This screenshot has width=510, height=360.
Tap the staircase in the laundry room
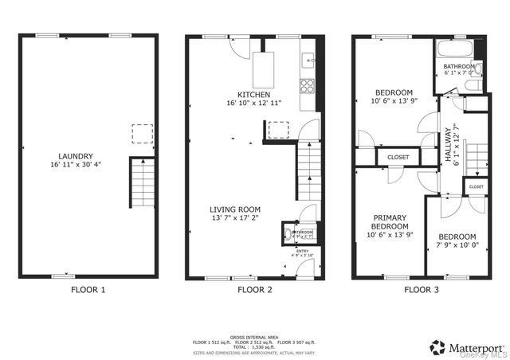pyautogui.click(x=142, y=183)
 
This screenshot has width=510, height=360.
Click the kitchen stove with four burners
pyautogui.click(x=307, y=84)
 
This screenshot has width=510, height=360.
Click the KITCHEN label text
pyautogui.click(x=242, y=94)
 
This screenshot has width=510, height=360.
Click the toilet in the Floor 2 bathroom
pyautogui.click(x=286, y=234)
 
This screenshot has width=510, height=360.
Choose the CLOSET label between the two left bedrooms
pyautogui.click(x=398, y=157)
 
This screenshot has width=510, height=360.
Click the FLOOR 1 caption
pyautogui.click(x=88, y=290)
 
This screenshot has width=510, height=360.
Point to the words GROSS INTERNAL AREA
pyautogui.click(x=254, y=337)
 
